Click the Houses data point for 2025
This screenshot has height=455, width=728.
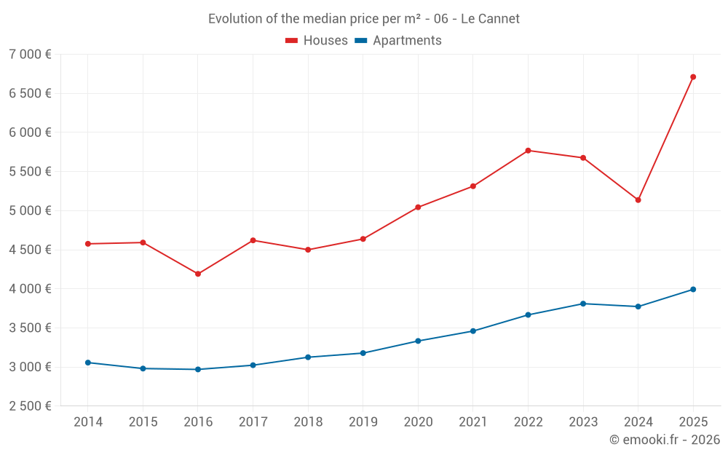(x=693, y=76)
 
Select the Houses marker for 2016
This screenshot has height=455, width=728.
(x=198, y=274)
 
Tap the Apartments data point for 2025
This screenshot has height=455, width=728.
(x=693, y=289)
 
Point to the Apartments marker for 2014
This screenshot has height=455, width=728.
(x=88, y=363)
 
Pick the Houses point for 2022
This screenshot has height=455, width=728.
(x=528, y=151)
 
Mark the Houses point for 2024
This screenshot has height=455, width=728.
(x=638, y=199)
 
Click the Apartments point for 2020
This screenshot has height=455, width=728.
(x=418, y=341)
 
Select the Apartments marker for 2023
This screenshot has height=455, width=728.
(x=583, y=304)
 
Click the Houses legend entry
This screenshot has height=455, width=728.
(x=325, y=41)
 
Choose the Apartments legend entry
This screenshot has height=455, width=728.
(x=407, y=41)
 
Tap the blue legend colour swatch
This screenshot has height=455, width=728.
(x=360, y=41)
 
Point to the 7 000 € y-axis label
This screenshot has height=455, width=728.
(x=30, y=55)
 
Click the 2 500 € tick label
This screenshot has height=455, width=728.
(x=30, y=406)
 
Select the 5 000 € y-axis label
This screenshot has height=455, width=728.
(x=30, y=211)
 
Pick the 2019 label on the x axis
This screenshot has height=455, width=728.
(x=363, y=422)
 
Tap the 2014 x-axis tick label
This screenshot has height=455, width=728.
(x=88, y=422)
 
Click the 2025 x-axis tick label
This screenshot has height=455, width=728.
(x=693, y=422)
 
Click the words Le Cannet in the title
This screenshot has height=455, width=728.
(x=490, y=19)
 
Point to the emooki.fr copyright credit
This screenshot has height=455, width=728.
(x=665, y=440)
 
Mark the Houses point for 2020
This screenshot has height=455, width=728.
(x=418, y=207)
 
